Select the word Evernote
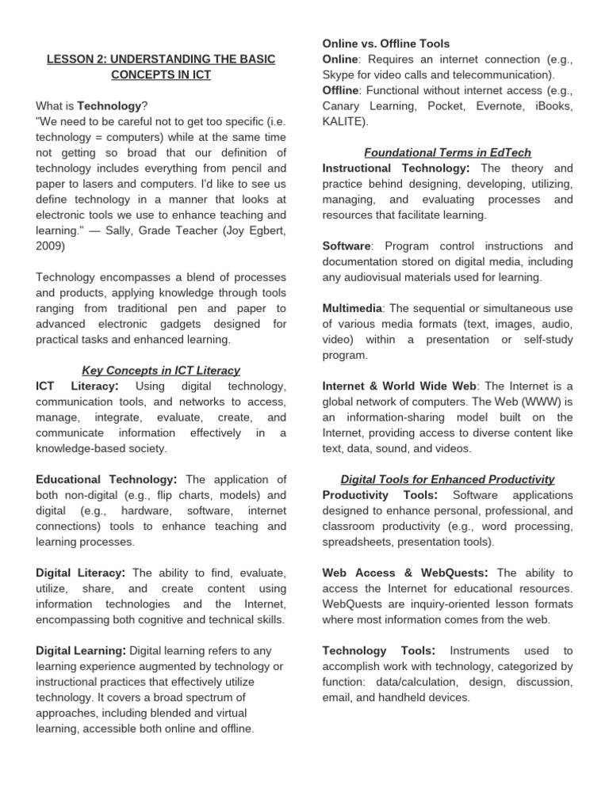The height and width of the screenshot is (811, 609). [x=496, y=106]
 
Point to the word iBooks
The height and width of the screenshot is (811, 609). [x=553, y=106]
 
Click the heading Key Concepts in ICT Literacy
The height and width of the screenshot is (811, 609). [x=161, y=371]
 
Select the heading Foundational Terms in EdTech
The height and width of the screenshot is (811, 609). [x=447, y=152]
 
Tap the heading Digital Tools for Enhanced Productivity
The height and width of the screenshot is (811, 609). [x=447, y=480]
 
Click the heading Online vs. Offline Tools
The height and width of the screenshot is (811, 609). [x=386, y=44]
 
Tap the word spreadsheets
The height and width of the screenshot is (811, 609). [x=358, y=542]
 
